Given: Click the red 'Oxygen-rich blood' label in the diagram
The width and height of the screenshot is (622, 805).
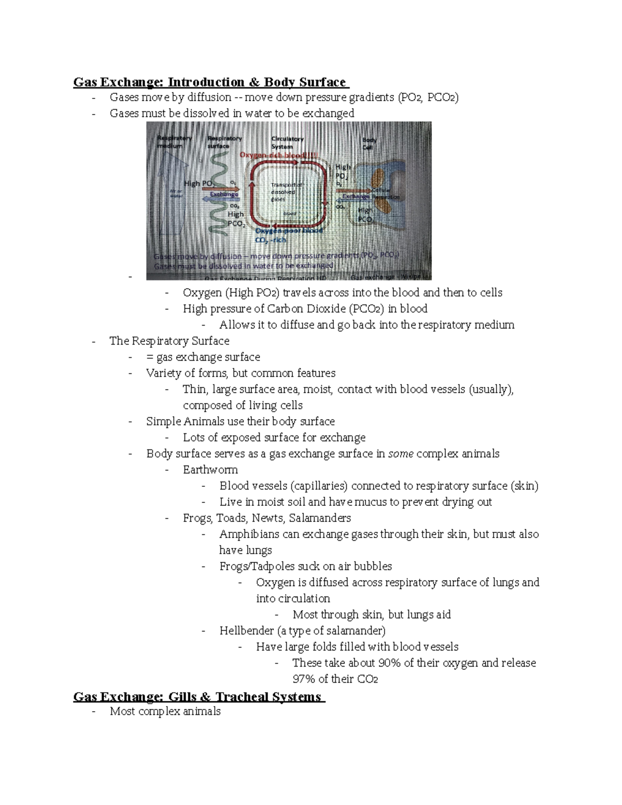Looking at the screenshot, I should coord(278,155).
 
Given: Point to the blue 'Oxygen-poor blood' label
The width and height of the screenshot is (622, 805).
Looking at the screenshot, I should coord(289,231).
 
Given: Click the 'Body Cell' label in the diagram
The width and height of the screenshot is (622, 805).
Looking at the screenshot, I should coord(369,144).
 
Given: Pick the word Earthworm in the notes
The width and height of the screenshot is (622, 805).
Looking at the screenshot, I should coord(210,470).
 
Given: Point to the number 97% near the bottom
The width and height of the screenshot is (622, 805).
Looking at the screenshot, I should coord(303,679).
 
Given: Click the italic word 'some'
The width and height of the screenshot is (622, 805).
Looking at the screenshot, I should coord(401,454).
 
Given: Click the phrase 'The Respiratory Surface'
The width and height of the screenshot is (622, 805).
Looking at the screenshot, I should coord(169,341).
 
